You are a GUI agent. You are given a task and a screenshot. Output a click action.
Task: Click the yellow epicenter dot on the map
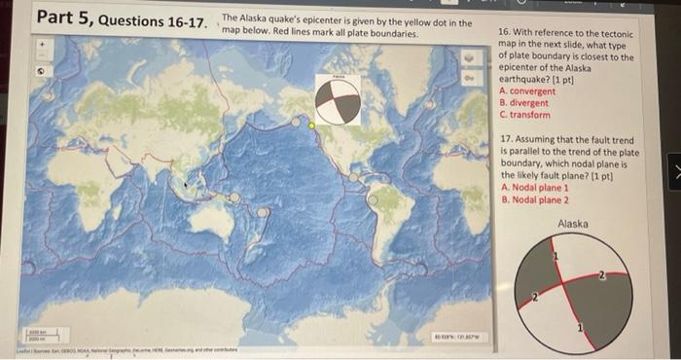pyautogui.click(x=311, y=125)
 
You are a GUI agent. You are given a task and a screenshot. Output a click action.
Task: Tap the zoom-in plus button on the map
pyautogui.click(x=42, y=45)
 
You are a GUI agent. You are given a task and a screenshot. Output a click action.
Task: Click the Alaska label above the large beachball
pyautogui.click(x=573, y=225)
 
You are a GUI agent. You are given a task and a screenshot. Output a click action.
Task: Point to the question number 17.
pyautogui.click(x=506, y=140)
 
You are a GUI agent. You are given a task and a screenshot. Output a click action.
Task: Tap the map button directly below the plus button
pyautogui.click(x=42, y=71)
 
